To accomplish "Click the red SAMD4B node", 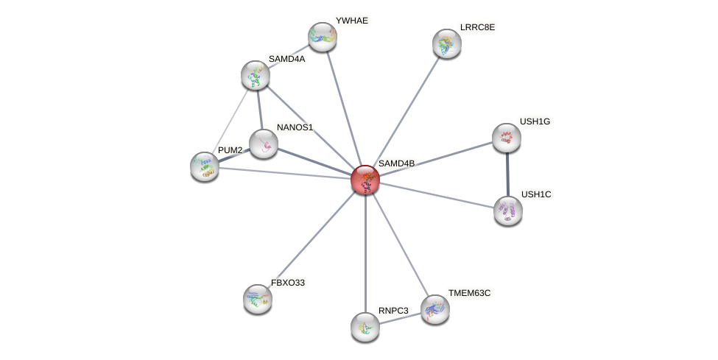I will click(365, 180).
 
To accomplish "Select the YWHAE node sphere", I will click(322, 37).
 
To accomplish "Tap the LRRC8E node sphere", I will click(446, 43).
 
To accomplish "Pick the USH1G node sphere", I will click(506, 138).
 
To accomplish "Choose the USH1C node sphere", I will click(507, 211).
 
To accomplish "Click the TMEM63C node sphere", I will click(434, 309).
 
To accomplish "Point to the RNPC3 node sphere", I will click(365, 326).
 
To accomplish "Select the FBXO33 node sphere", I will click(257, 298).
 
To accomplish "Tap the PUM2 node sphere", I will click(204, 166).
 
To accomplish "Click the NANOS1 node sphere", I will click(263, 144).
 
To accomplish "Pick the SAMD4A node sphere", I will click(255, 75).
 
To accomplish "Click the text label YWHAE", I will click(351, 21).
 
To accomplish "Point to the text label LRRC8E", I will click(479, 27).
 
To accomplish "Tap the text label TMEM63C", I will click(469, 293).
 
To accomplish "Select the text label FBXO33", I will click(287, 283).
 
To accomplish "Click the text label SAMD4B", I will click(396, 163).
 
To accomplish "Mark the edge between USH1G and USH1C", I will click(507, 174).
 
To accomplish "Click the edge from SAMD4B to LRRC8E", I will click(406, 111).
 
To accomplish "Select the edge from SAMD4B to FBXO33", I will click(311, 239).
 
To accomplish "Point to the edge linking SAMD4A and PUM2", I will click(229, 121).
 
